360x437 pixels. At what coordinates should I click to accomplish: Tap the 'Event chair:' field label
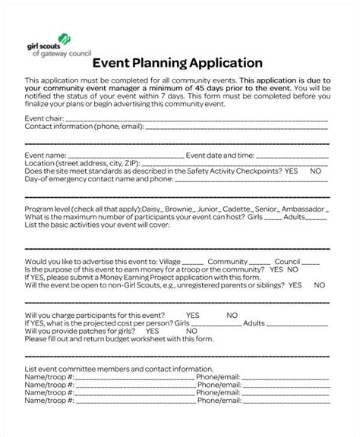point(44,119)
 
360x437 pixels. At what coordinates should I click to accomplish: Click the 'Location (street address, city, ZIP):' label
point(82,163)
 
